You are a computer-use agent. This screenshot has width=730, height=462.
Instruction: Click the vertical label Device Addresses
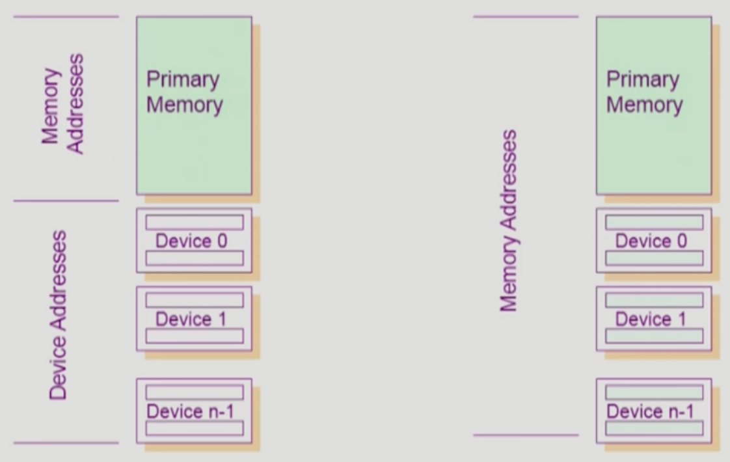click(59, 314)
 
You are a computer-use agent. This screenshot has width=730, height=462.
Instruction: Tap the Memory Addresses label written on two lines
click(63, 104)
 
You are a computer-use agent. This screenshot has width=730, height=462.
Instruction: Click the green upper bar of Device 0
click(654, 223)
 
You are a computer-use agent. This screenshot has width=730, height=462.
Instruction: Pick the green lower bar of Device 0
click(654, 258)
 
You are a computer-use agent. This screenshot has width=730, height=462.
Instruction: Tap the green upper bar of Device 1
click(654, 300)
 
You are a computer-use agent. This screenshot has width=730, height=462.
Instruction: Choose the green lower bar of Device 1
click(654, 336)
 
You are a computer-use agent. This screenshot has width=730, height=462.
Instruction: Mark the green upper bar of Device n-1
click(654, 392)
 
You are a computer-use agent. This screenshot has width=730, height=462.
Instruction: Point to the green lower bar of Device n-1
click(654, 428)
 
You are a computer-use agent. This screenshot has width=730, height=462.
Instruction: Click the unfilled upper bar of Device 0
click(194, 223)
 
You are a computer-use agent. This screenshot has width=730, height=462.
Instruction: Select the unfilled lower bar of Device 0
click(194, 258)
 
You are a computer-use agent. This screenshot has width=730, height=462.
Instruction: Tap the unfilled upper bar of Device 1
click(194, 300)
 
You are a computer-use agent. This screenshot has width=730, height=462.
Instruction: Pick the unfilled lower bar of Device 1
click(194, 336)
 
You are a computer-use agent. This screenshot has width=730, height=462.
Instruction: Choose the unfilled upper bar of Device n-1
click(194, 392)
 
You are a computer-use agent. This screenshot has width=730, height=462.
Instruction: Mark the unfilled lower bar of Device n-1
click(194, 428)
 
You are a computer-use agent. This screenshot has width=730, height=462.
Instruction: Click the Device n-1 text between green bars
click(650, 411)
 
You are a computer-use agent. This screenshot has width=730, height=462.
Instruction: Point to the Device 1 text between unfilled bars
click(192, 319)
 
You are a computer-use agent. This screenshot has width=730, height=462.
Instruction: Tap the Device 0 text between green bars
click(651, 241)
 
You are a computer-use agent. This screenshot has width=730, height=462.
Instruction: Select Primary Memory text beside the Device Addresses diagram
click(184, 92)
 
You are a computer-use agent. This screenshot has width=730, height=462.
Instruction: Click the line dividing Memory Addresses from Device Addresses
click(66, 201)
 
